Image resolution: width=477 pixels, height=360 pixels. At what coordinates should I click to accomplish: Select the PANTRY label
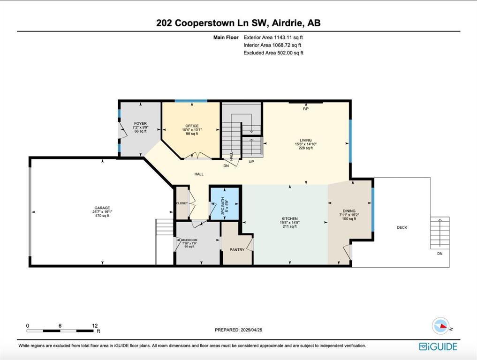237,250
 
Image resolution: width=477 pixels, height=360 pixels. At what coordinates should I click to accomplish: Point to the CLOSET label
182,203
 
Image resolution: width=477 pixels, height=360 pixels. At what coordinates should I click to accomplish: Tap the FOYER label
140,124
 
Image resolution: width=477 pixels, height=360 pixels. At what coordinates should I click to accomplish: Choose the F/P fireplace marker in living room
305,109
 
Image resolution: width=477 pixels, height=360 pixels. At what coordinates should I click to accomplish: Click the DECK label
402,228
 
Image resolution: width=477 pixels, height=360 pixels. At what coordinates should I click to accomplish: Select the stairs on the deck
439,233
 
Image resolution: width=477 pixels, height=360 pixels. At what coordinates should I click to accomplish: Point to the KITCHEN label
289,219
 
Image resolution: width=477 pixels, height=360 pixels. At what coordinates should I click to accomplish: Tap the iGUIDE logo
438,347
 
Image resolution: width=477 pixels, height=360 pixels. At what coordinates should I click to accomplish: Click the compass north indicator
440,326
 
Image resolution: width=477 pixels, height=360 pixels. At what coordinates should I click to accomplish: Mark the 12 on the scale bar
95,325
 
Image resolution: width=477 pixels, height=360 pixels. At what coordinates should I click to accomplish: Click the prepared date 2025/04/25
238,330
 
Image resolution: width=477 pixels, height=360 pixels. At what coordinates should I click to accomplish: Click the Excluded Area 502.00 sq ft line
273,53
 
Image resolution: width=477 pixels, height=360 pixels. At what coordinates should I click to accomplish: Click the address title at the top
238,23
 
